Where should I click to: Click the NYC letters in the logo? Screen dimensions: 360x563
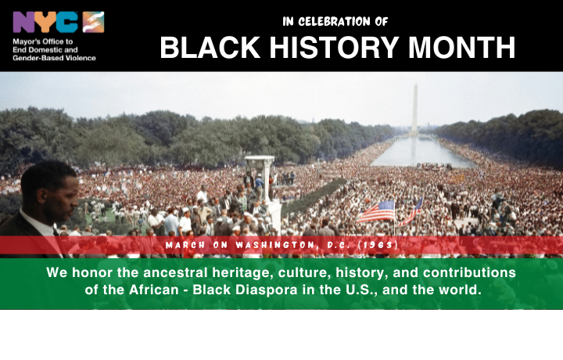point(46,21)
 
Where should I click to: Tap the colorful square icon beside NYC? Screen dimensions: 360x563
point(93,21)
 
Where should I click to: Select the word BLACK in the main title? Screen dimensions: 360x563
point(203,49)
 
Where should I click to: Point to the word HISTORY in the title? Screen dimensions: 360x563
point(327,49)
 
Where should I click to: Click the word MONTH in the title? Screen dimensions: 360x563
point(461,49)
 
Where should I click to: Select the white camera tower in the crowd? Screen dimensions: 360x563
point(260,176)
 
